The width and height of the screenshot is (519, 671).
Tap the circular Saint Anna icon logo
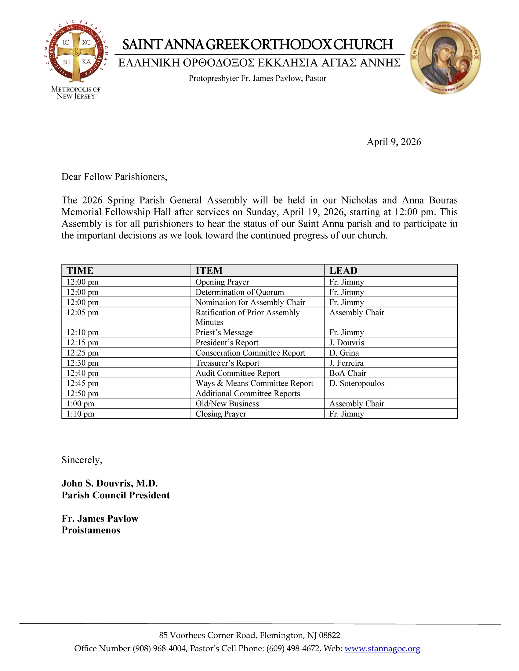[445, 57]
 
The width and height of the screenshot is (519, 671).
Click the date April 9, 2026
[394, 142]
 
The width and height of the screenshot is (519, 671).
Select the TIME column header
[80, 270]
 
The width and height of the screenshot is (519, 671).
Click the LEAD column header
[343, 270]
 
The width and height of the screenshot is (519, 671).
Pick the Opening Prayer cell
[222, 282]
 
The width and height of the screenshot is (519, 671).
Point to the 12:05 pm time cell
[82, 312]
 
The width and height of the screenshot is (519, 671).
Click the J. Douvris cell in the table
[347, 343]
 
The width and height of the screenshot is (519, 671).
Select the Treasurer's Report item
[227, 363]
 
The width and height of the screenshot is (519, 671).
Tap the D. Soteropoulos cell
[357, 383]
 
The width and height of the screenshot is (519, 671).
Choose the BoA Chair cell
[348, 373]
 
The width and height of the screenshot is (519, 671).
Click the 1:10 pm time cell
[80, 414]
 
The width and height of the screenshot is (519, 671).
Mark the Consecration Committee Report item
[250, 353]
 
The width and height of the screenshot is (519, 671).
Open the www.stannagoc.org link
[382, 648]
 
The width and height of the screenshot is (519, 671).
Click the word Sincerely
[82, 460]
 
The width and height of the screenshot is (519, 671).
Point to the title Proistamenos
[91, 530]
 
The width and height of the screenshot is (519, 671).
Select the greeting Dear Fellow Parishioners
[114, 177]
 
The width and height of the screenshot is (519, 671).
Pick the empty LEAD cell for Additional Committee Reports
[390, 393]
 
